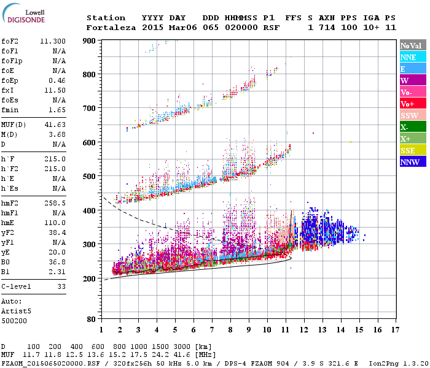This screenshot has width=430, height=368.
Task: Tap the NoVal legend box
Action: coord(412,45)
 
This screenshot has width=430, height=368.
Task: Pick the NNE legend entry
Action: coord(412,57)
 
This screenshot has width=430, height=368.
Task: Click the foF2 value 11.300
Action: coord(53,42)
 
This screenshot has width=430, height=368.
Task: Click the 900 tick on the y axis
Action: coord(89,41)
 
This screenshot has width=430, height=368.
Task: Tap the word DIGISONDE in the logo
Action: coord(26,20)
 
